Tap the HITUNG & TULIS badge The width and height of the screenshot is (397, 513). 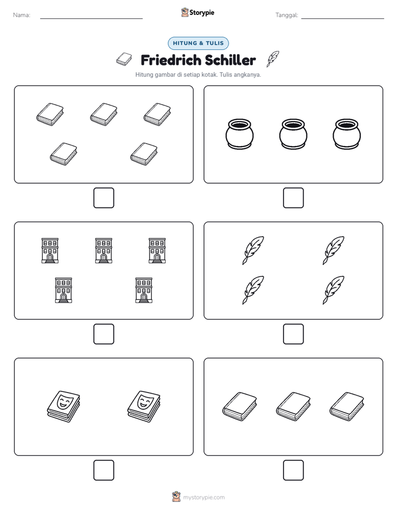(198, 43)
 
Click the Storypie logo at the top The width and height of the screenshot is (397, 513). (197, 12)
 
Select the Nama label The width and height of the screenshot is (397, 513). (22, 15)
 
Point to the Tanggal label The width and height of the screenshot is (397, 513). (287, 15)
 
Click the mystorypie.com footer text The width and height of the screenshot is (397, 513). (204, 497)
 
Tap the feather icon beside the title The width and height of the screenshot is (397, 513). (273, 59)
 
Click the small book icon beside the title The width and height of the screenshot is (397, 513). (124, 59)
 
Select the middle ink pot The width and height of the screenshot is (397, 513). (293, 134)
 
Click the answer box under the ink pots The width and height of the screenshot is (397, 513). (293, 198)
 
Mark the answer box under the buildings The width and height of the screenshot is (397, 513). (104, 334)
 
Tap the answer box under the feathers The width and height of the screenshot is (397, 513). (293, 334)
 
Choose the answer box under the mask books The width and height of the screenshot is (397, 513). (104, 470)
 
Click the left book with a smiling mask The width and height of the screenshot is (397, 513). (63, 406)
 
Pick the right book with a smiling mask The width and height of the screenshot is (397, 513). (144, 406)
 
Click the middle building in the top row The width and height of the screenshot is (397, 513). (103, 250)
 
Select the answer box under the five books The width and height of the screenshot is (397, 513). (104, 198)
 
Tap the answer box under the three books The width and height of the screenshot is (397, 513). (293, 470)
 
